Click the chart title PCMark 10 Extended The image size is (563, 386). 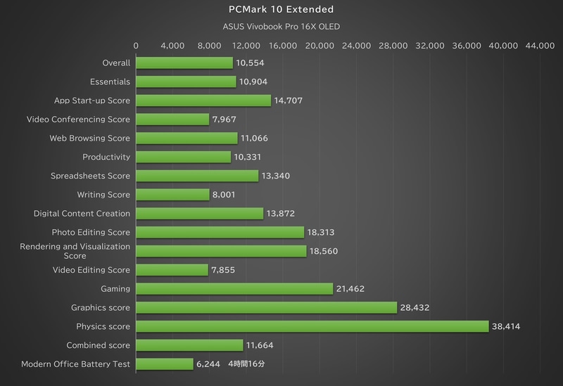click(281, 10)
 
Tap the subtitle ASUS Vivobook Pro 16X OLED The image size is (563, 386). click(281, 27)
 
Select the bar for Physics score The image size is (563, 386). click(312, 326)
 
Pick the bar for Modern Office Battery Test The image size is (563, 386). click(164, 364)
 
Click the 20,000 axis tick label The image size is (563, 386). click(320, 46)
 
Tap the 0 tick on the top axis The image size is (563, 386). click(136, 46)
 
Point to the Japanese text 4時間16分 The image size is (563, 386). click(246, 364)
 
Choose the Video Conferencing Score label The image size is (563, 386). click(78, 120)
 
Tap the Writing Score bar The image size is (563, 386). click(172, 195)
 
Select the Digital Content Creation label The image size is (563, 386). click(82, 213)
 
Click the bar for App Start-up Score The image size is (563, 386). click(203, 101)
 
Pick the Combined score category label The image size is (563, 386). click(98, 345)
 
